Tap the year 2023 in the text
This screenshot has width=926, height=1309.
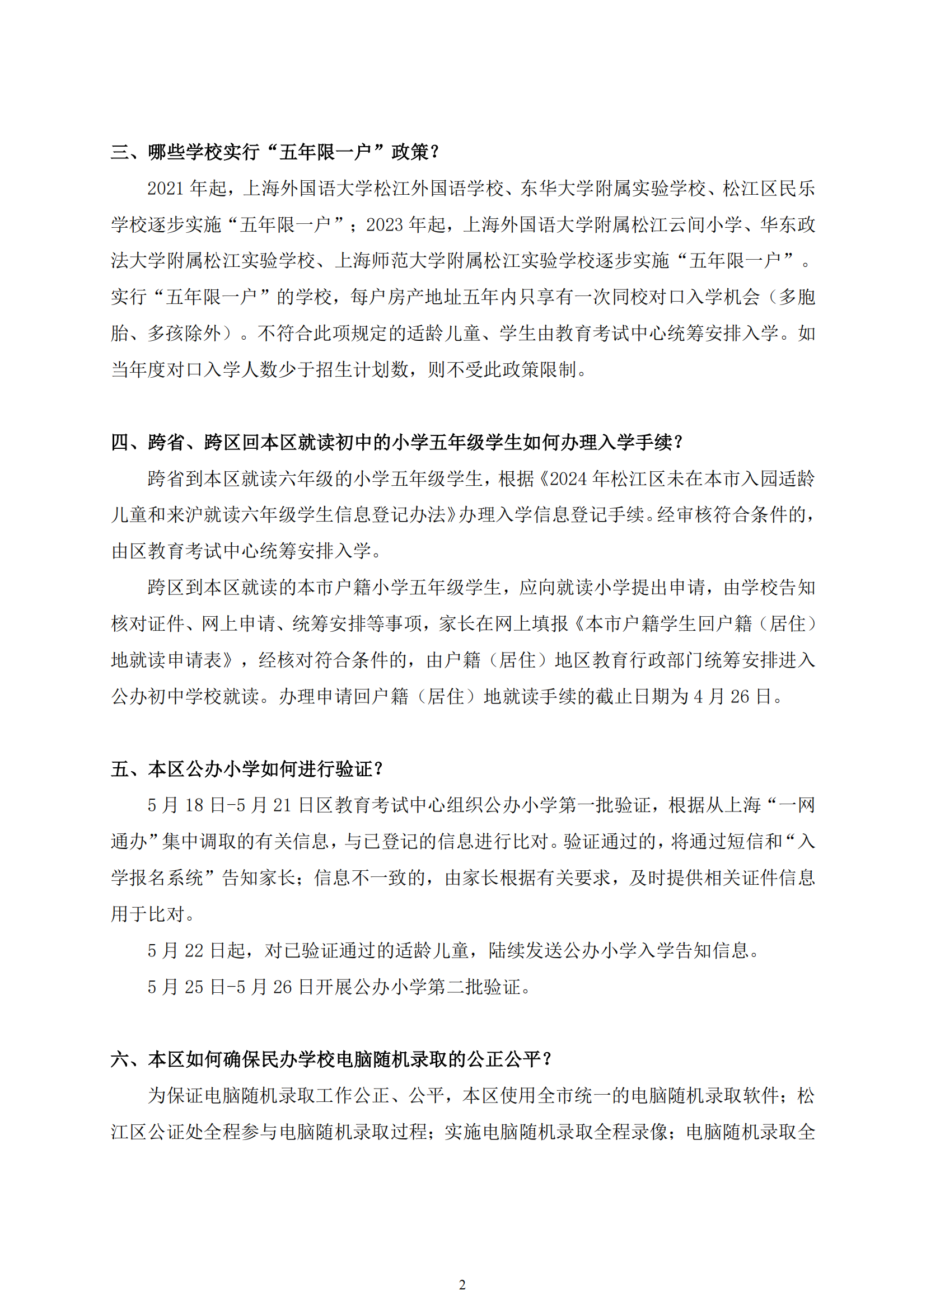pyautogui.click(x=385, y=225)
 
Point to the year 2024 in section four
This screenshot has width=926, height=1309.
pyautogui.click(x=568, y=479)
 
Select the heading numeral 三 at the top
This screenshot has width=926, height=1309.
pyautogui.click(x=120, y=152)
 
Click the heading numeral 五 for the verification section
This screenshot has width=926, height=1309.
pyautogui.click(x=120, y=769)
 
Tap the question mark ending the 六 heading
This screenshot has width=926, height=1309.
pyautogui.click(x=548, y=1059)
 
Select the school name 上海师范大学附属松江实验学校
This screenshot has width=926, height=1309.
pyautogui.click(x=464, y=261)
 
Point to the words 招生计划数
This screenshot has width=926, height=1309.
pyautogui.click(x=362, y=370)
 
